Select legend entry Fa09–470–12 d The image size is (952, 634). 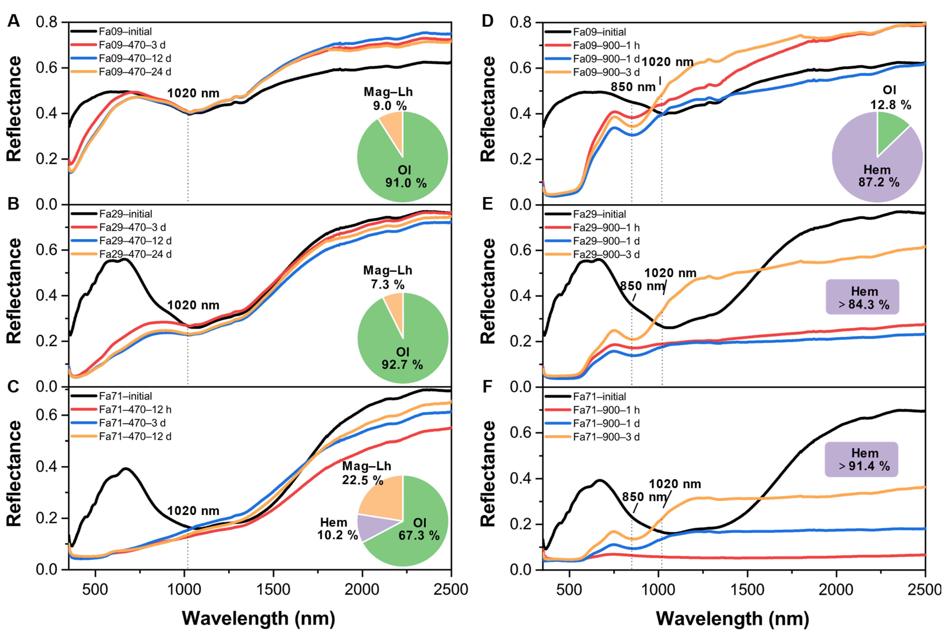coord(135,58)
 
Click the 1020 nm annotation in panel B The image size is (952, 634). coord(193,305)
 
